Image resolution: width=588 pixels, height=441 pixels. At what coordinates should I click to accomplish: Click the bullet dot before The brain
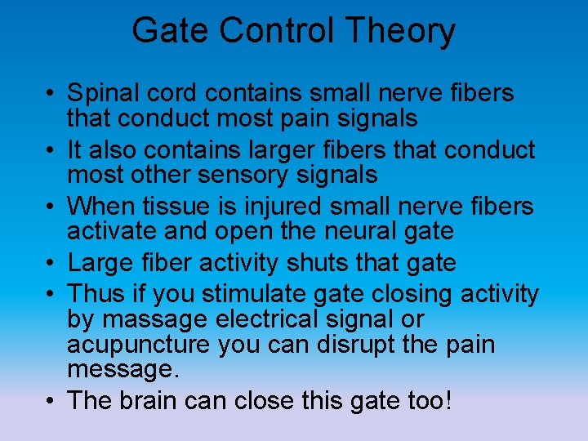(x=51, y=402)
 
